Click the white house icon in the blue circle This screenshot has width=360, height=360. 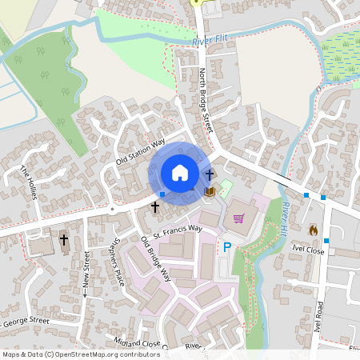point(179,173)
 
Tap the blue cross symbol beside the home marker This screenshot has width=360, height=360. point(210,174)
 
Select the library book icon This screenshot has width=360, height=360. point(210,191)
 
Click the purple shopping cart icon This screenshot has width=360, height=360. point(238,217)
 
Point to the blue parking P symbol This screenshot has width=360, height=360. point(226,249)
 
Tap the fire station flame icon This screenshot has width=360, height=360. point(313,230)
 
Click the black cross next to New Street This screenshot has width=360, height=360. point(63,239)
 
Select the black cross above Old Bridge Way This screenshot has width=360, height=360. point(155,206)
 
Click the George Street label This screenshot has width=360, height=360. point(28,322)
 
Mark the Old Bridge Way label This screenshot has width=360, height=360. point(156,259)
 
